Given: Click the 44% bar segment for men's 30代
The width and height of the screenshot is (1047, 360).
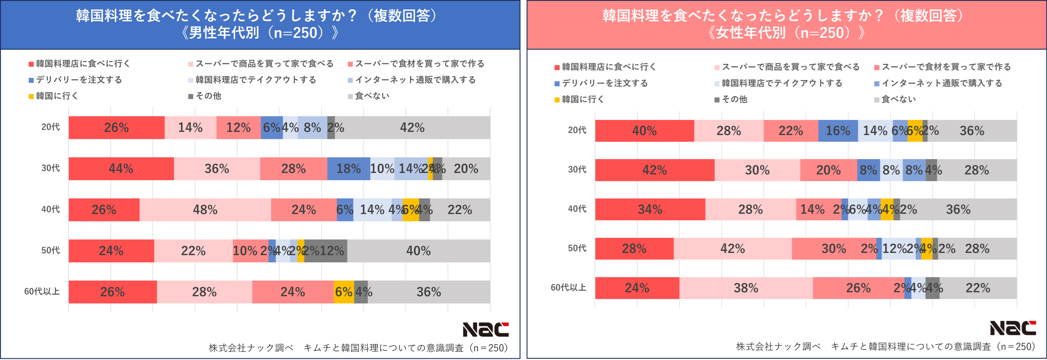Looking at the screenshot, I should coord(121,169).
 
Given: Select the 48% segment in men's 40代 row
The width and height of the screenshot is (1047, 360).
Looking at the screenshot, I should coord(205,210).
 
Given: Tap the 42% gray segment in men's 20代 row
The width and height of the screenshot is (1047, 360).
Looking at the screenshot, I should coord(412,128).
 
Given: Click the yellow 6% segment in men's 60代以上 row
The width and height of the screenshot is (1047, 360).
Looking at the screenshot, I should coord(343,292).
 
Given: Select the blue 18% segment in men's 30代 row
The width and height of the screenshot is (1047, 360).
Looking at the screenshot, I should coord(348,169).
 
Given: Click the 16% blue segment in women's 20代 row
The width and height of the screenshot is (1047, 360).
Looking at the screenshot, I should coord(838,131).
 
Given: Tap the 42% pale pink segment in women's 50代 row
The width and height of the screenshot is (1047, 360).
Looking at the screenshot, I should coord(732,249).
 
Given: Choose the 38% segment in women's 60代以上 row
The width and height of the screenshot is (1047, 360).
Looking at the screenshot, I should coord(746,288).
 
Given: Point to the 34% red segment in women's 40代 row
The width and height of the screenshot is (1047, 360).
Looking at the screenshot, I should coord(650,209).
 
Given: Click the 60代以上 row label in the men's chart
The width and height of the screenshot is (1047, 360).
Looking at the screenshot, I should coord(42,291).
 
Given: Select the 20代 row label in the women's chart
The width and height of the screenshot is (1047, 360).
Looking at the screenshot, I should coord(577,130).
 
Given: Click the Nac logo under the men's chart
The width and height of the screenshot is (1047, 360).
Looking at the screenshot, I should coord(485,329).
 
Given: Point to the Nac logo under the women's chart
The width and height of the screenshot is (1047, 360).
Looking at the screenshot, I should coord(1013,328).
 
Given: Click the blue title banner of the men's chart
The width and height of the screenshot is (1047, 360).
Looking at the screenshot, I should coord(260,24).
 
